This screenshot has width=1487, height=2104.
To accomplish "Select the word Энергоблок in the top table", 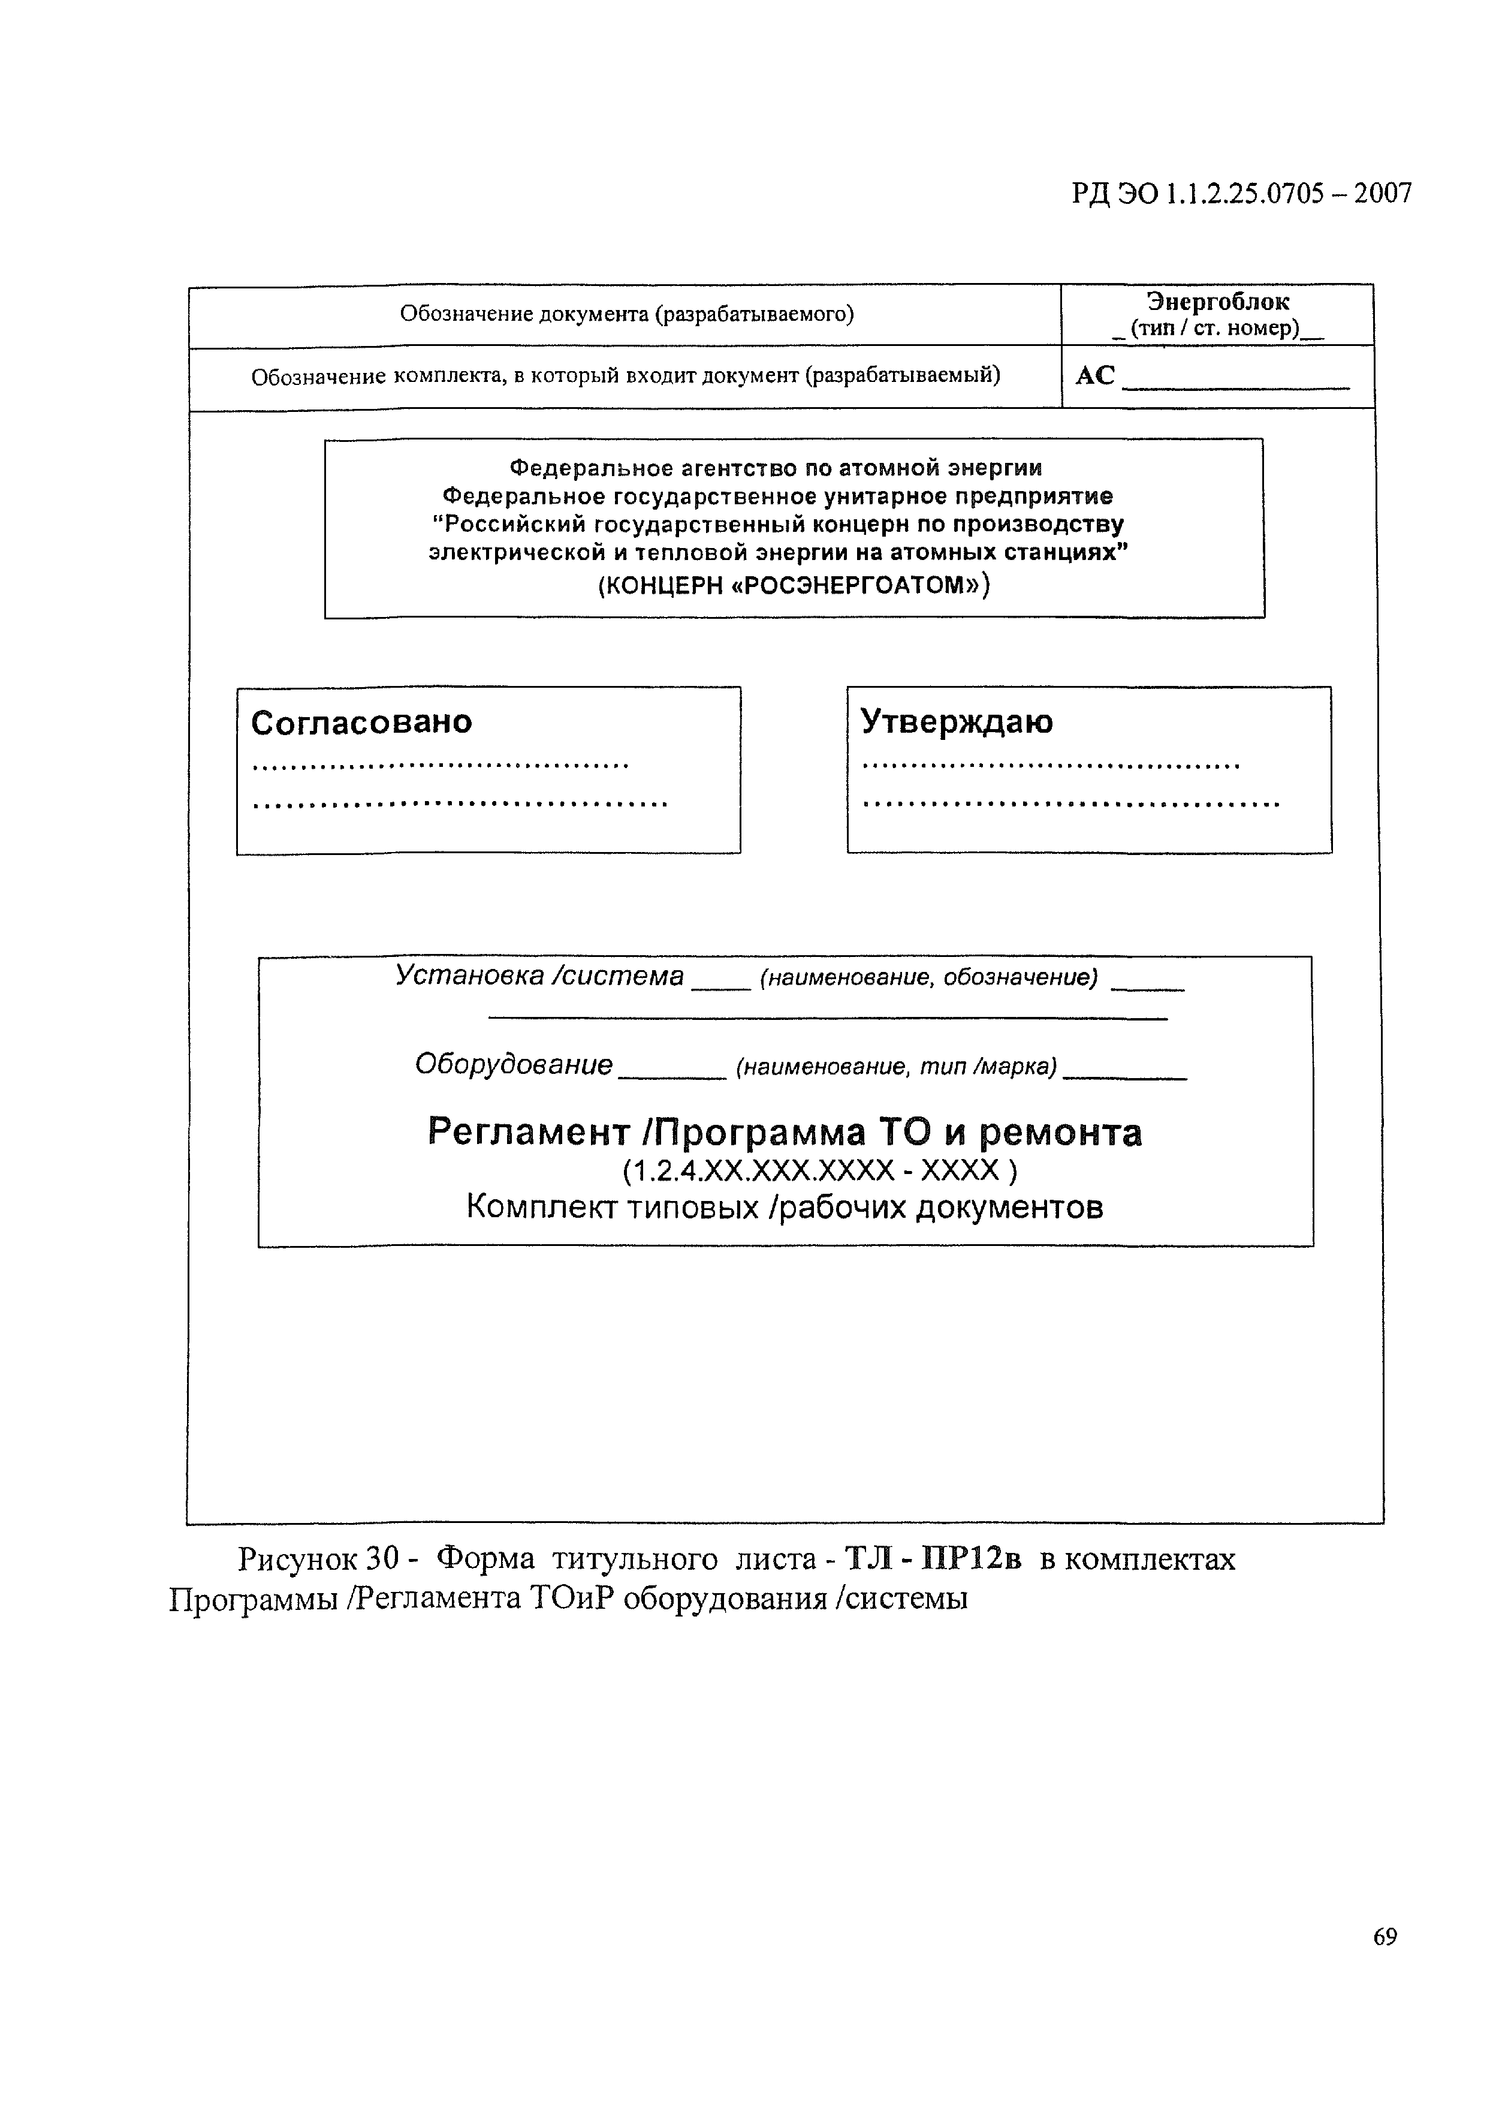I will [x=1218, y=302].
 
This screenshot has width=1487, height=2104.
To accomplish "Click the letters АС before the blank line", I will [x=1095, y=376].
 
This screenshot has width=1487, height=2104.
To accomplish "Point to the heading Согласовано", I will [x=362, y=722].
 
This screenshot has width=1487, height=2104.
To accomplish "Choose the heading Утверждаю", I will [x=957, y=722].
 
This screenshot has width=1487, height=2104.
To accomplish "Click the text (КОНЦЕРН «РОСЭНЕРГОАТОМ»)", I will [x=794, y=585].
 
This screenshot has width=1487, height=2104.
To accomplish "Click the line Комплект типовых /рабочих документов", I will [x=785, y=1208].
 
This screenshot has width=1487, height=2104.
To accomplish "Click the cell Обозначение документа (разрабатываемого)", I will [x=627, y=314].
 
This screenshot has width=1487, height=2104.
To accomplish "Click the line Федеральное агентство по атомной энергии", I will [x=775, y=468].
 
